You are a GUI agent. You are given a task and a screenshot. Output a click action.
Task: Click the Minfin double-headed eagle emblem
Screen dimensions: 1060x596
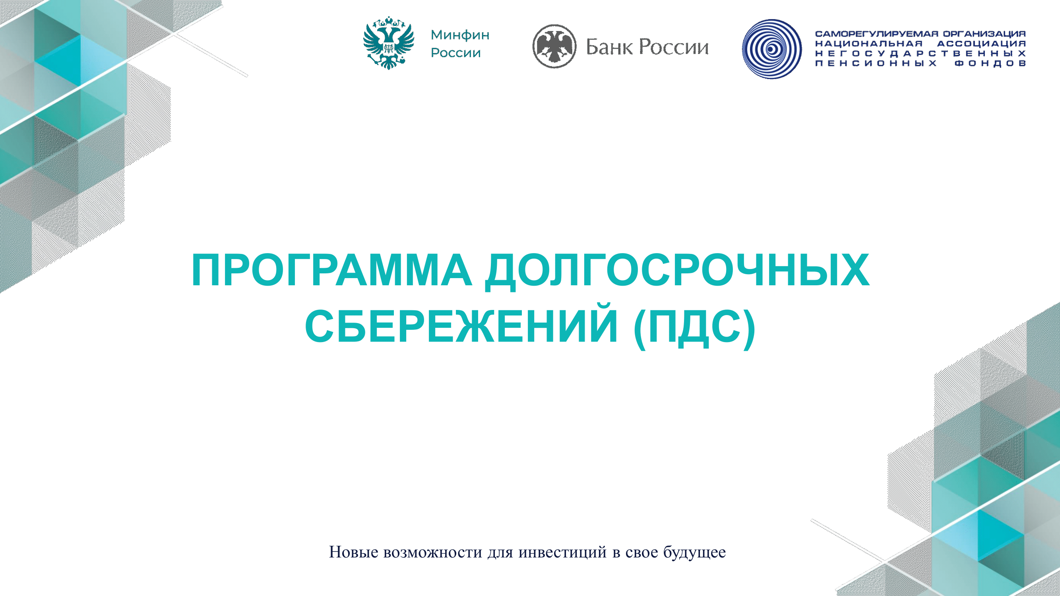coord(388,43)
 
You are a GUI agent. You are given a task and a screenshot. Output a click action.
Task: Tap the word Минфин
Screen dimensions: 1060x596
coord(460,35)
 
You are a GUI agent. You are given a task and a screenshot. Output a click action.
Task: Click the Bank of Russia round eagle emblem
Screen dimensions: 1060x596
coord(554,46)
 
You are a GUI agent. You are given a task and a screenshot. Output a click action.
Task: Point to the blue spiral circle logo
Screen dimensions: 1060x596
coord(772,49)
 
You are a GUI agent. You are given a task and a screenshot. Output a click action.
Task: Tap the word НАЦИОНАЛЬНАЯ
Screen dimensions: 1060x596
coord(869,44)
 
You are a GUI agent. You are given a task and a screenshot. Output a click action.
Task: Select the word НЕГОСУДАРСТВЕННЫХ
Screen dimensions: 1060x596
coord(920,54)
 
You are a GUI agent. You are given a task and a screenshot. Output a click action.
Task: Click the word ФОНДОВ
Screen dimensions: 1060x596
coord(990,63)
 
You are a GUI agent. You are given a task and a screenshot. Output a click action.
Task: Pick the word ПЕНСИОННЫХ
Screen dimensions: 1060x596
coord(876,63)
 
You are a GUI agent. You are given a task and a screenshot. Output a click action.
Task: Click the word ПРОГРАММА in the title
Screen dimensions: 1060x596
coord(331,270)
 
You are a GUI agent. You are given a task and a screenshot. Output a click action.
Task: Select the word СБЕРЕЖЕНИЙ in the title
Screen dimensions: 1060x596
coord(461,326)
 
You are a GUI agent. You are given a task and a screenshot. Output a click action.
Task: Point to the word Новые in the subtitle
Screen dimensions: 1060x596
coord(353,552)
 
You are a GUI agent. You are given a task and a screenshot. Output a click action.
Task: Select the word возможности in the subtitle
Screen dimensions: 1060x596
coord(432,552)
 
